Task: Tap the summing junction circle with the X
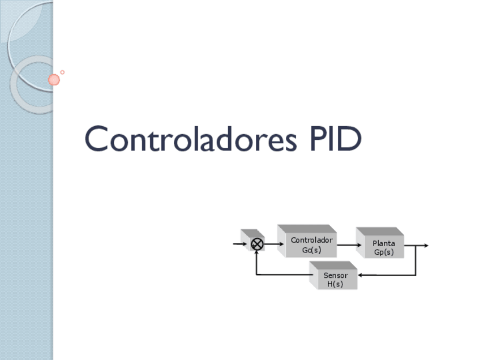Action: click(x=257, y=245)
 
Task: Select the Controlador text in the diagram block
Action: click(x=311, y=240)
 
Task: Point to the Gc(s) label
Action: click(x=311, y=250)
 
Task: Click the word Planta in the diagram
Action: click(x=384, y=243)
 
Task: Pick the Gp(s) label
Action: click(x=384, y=252)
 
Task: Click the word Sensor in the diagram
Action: click(x=336, y=275)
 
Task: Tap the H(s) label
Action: click(x=336, y=284)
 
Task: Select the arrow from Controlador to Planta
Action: click(x=349, y=245)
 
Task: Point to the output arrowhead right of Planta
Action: click(x=426, y=246)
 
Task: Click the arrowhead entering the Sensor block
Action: click(x=361, y=275)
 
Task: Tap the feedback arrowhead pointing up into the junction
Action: click(x=256, y=253)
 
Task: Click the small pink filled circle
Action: click(x=54, y=80)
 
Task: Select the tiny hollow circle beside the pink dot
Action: click(x=62, y=72)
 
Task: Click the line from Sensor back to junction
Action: click(x=283, y=275)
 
